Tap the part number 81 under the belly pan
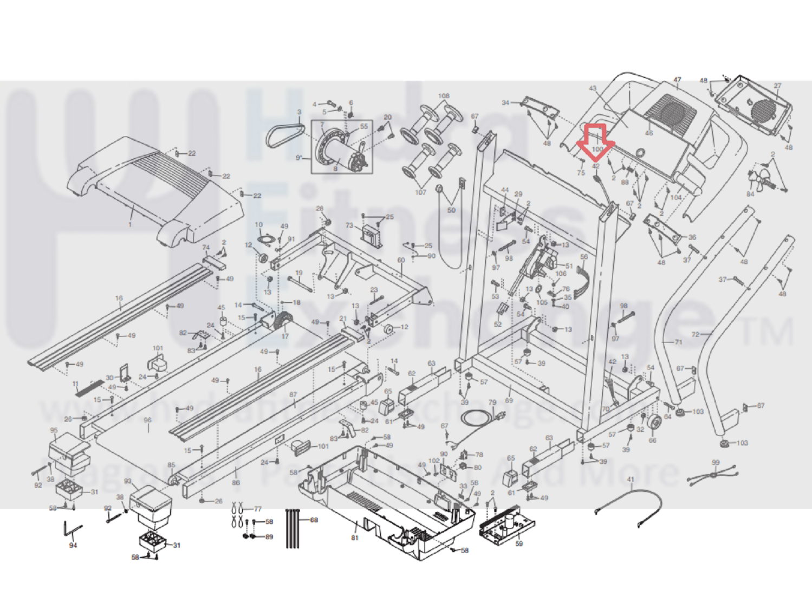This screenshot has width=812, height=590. click(355, 538)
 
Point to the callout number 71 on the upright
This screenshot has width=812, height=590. click(678, 342)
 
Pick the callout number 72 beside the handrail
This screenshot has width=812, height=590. click(696, 334)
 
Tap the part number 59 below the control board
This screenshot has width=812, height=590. click(519, 543)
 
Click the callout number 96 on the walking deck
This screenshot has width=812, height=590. click(147, 420)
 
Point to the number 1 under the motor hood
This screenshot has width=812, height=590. click(130, 224)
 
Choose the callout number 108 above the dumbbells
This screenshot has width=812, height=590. click(444, 96)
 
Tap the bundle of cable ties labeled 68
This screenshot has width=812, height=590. click(293, 528)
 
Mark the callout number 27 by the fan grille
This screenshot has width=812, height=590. click(778, 86)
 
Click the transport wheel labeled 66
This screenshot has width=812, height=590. click(653, 425)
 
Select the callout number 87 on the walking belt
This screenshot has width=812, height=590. click(293, 395)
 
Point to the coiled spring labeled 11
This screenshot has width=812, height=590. click(90, 387)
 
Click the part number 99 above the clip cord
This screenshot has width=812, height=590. click(716, 463)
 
